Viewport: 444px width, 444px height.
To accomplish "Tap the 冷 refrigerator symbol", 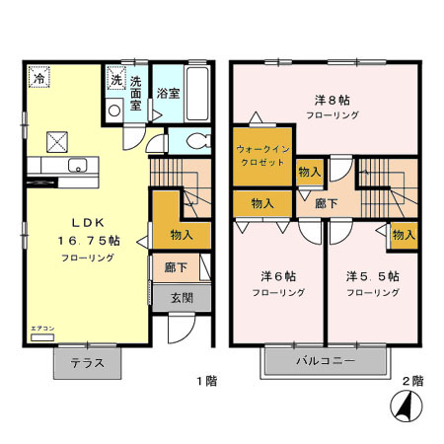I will point(37,77).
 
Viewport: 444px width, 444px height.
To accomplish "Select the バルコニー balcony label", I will point(325,362).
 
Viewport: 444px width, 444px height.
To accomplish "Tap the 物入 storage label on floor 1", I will point(182,235).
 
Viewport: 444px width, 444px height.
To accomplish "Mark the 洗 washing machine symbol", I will point(115,80).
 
